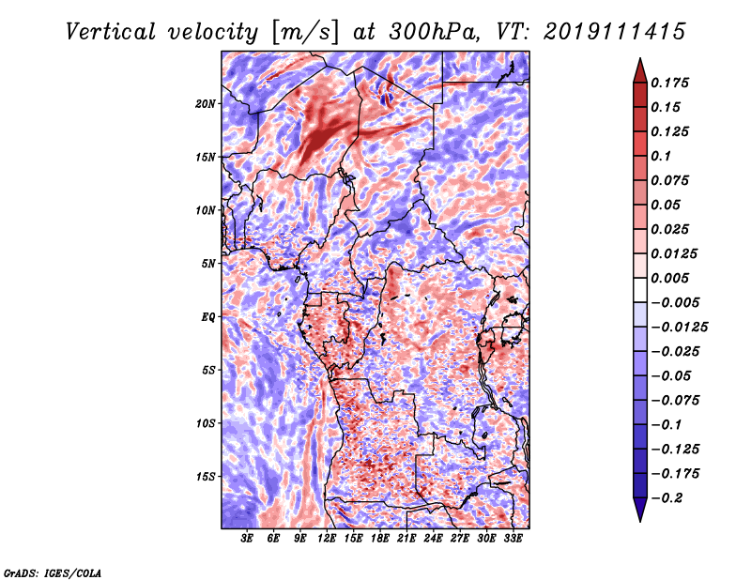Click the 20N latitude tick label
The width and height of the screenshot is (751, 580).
(206, 103)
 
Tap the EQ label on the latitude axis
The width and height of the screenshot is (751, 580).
(208, 317)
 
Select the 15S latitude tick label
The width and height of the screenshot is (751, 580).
(206, 477)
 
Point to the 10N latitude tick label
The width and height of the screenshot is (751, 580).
(206, 210)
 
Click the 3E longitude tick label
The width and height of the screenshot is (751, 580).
(247, 539)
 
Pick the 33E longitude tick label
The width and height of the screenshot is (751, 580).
(513, 539)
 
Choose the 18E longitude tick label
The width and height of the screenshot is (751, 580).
(380, 539)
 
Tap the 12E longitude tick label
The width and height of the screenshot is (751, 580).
(327, 539)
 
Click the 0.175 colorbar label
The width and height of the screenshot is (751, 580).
(669, 83)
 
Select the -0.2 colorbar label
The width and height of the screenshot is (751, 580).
(667, 498)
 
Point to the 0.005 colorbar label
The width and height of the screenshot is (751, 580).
(669, 278)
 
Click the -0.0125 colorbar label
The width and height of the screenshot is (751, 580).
(679, 328)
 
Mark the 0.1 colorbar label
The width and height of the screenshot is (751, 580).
(661, 156)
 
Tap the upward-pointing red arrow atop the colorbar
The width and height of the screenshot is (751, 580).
(640, 70)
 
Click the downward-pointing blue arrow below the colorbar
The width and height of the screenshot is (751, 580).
(640, 510)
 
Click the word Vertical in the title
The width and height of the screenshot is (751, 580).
(111, 32)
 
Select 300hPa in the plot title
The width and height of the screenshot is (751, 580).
(434, 32)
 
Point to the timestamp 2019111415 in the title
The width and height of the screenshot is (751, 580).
(615, 32)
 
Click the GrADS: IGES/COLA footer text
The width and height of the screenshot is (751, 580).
(53, 572)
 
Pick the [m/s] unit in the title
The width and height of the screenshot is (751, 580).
(304, 33)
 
